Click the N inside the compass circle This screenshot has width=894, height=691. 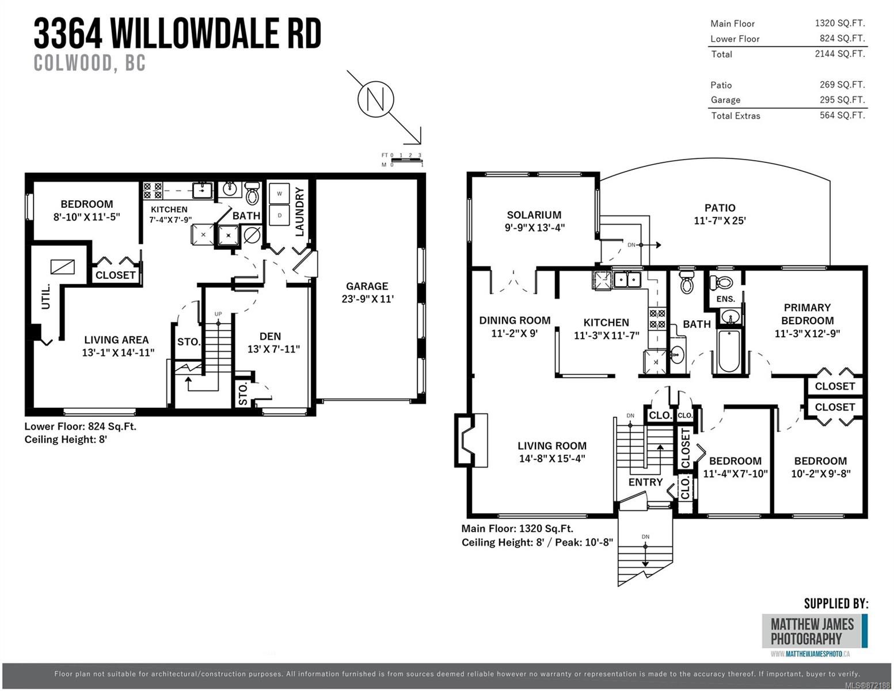[376, 99]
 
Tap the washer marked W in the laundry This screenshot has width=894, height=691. [280, 193]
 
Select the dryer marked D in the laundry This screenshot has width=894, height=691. [280, 215]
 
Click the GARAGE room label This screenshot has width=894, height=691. [367, 286]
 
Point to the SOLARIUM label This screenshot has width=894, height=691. [534, 215]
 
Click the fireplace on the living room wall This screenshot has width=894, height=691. [471, 441]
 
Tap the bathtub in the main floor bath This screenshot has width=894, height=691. [729, 350]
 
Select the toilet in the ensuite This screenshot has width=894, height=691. [722, 282]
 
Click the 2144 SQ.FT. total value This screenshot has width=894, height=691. [840, 54]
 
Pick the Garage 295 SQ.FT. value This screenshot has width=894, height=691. [842, 100]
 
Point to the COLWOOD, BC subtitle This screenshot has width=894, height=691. [90, 63]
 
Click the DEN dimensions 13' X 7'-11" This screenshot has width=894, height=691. [273, 349]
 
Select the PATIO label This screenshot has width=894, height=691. [720, 208]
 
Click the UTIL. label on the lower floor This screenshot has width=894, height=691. [45, 297]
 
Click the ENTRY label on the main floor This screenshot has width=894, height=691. [645, 482]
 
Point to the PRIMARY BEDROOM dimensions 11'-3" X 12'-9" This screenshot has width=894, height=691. [807, 333]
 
